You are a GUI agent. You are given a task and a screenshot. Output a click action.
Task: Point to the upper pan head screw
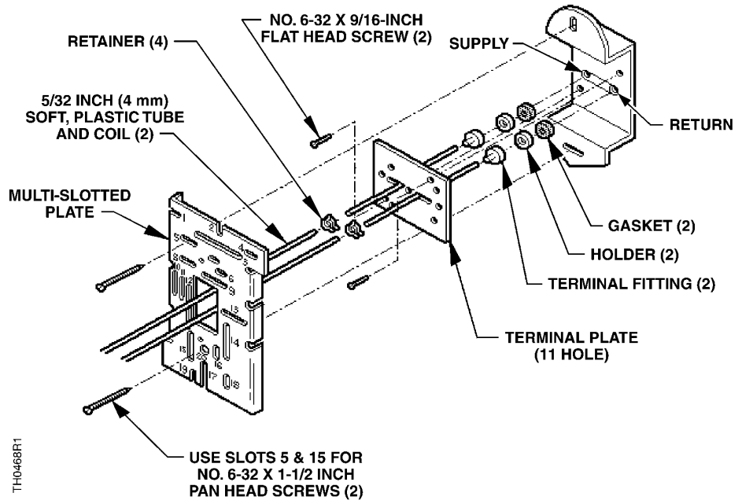(119, 278)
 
